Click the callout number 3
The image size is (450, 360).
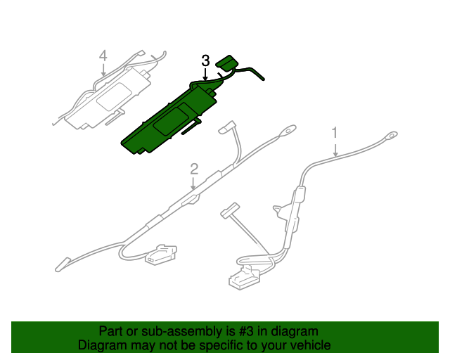(x=205, y=60)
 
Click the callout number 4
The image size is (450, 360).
(x=103, y=56)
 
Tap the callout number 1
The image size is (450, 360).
(x=335, y=133)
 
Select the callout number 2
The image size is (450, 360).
(x=194, y=169)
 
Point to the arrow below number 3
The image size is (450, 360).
(x=205, y=74)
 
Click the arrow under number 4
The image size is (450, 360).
(x=103, y=69)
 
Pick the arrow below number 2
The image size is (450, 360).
(x=193, y=183)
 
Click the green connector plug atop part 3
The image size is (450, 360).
(x=228, y=63)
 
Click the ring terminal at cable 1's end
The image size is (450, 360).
(x=391, y=135)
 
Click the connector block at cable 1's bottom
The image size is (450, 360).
(x=244, y=278)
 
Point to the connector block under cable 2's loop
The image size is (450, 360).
(x=161, y=254)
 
